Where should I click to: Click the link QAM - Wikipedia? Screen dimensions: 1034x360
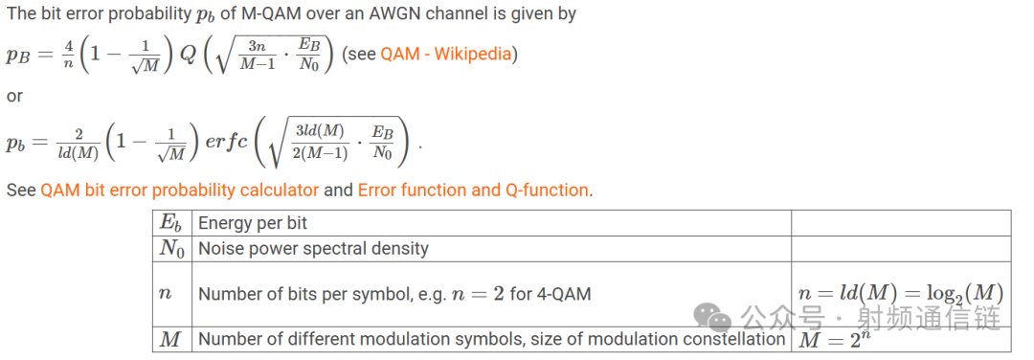[445, 54]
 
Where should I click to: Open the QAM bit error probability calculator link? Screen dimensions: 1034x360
[179, 190]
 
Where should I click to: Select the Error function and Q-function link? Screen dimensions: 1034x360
[473, 190]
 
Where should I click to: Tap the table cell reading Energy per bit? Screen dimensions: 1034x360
[253, 223]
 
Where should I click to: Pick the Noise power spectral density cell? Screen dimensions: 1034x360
[313, 249]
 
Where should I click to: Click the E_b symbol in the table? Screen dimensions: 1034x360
[170, 223]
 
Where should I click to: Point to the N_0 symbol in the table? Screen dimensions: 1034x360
[171, 249]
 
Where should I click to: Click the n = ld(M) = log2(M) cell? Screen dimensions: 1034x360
[900, 293]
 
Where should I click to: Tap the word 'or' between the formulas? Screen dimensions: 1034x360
[14, 97]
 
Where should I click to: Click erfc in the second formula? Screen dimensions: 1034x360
[228, 143]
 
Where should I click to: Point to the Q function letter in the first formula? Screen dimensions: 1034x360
[188, 54]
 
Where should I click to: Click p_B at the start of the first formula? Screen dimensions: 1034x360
[18, 55]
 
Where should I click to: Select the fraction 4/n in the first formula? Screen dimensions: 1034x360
[68, 54]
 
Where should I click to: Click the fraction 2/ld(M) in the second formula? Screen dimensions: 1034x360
[79, 143]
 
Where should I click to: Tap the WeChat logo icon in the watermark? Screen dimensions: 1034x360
[715, 317]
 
